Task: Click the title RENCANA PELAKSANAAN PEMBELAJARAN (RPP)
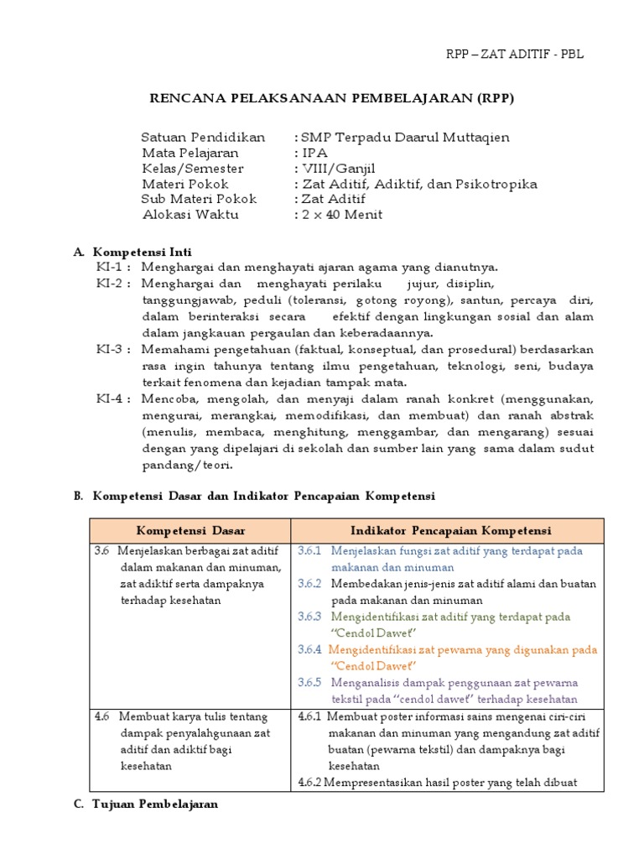331,98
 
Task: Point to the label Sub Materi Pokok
199,199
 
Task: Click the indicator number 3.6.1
310,551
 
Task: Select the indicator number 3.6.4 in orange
309,649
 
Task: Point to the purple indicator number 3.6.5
310,683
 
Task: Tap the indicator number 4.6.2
310,783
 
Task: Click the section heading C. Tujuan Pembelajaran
146,804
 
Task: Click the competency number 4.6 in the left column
102,716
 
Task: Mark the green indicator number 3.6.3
310,617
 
